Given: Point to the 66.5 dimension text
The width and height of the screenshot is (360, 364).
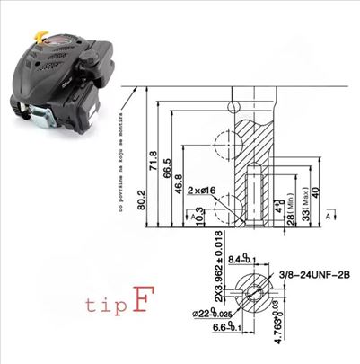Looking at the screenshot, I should coord(166,173).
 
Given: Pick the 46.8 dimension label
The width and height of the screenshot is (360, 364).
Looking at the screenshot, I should coord(180,182).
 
